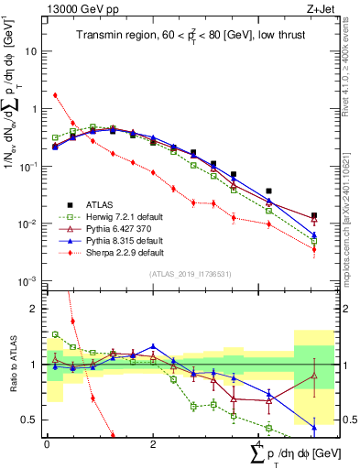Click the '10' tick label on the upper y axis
(32, 51)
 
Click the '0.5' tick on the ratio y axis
(31, 420)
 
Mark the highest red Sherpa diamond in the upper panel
(56, 95)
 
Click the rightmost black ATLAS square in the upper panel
(314, 215)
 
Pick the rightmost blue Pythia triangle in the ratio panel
(314, 427)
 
